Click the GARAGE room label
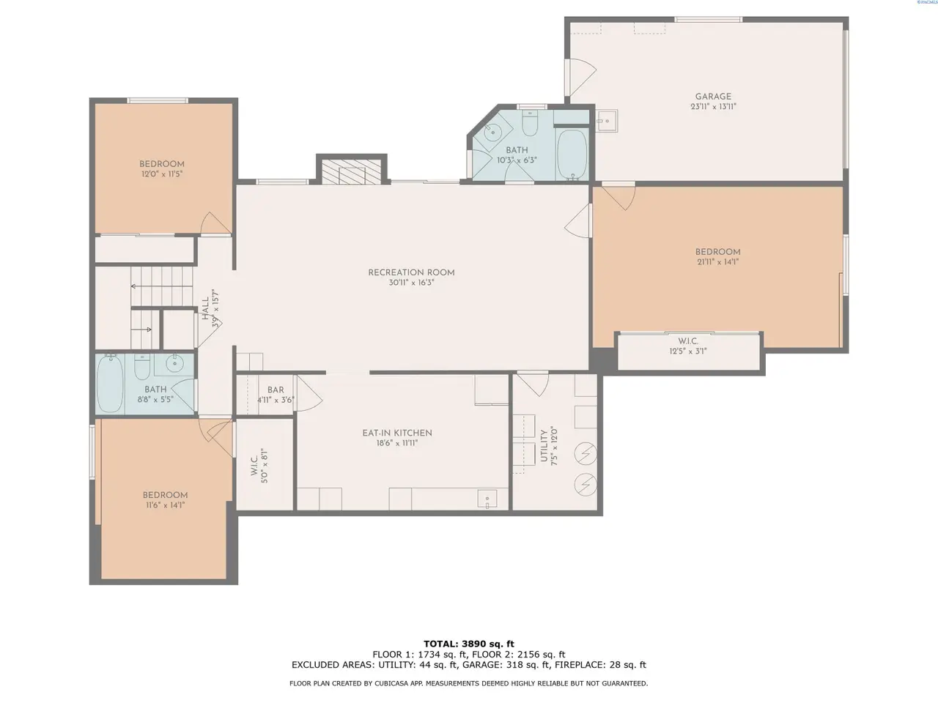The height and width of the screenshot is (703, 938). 713,97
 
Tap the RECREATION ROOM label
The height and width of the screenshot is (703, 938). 411,272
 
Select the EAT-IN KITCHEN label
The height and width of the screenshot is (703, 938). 397,433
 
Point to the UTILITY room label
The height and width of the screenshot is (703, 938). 544,446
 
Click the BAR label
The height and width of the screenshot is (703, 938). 276,390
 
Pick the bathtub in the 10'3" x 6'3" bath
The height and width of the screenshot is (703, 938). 572,154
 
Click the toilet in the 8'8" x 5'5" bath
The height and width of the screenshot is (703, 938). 142,367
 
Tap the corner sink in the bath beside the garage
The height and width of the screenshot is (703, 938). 492,131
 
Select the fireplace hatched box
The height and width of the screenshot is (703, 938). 351,172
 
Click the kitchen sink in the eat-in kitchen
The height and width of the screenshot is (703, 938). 487,499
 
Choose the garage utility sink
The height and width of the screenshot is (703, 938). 606,121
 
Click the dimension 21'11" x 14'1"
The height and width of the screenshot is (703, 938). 718,262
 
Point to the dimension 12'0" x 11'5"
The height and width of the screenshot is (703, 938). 162,174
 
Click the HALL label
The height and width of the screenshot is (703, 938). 205,308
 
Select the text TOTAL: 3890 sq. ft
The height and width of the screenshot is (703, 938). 469,644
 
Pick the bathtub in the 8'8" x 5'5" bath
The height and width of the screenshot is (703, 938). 110,384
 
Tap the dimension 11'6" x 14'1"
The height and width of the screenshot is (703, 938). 164,505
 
